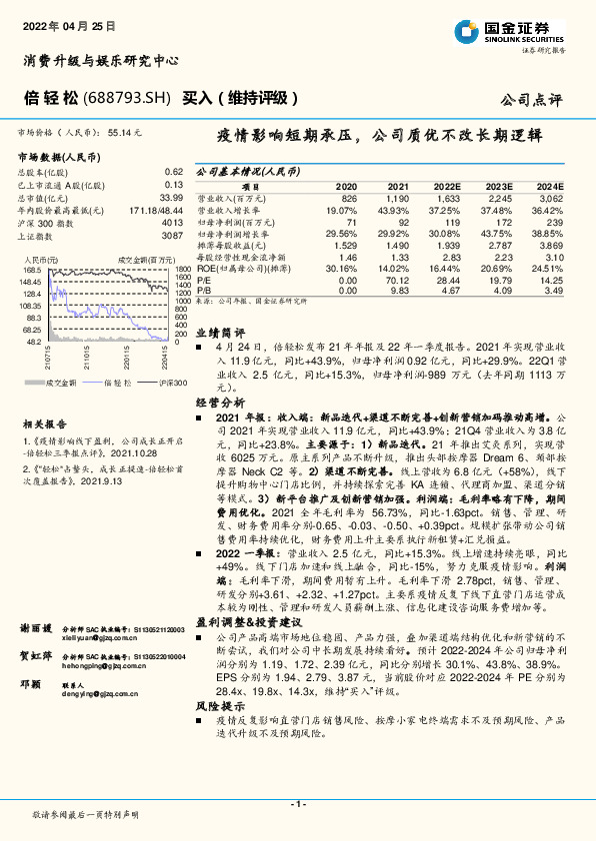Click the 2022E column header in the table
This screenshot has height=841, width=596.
tap(446, 187)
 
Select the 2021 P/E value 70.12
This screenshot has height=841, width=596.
tap(397, 281)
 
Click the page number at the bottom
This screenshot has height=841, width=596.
tap(297, 802)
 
